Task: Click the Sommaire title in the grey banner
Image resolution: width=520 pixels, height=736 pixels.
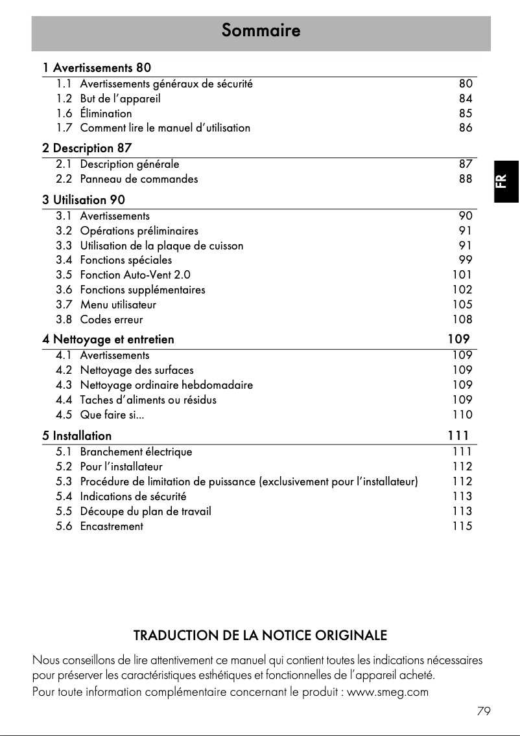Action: pyautogui.click(x=261, y=30)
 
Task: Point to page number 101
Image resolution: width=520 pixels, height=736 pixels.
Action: pyautogui.click(x=462, y=275)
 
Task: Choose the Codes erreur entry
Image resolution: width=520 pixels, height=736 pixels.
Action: pyautogui.click(x=112, y=319)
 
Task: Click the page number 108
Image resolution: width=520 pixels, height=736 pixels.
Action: pyautogui.click(x=462, y=319)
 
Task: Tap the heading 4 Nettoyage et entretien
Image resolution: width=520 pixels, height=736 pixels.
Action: pyautogui.click(x=108, y=339)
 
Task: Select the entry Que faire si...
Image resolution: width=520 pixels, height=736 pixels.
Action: pyautogui.click(x=112, y=415)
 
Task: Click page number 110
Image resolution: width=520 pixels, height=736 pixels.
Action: pyautogui.click(x=462, y=415)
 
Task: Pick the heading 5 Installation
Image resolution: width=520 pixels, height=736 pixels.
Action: pyautogui.click(x=77, y=435)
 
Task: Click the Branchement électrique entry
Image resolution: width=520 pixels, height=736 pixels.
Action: pyautogui.click(x=136, y=452)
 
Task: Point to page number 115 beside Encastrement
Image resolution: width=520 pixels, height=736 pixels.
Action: pyautogui.click(x=462, y=526)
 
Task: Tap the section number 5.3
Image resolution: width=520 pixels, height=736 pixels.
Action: pyautogui.click(x=64, y=481)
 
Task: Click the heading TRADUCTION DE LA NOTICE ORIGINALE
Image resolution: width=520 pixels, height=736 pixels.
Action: pyautogui.click(x=260, y=635)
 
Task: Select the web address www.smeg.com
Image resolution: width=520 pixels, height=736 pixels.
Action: pyautogui.click(x=388, y=691)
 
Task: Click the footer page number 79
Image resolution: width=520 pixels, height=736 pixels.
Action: pyautogui.click(x=483, y=711)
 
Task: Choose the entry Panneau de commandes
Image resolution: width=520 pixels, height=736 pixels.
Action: pyautogui.click(x=139, y=179)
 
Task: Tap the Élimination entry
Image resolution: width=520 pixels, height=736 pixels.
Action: pyautogui.click(x=106, y=113)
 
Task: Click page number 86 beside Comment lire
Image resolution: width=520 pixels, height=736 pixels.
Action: pyautogui.click(x=466, y=128)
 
